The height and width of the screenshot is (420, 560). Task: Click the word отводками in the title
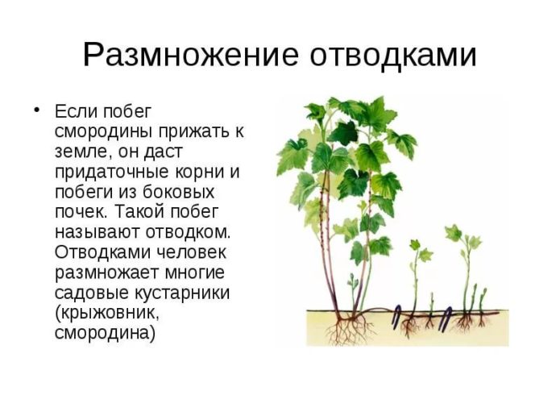(391, 55)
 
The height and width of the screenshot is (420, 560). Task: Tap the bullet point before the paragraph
(35, 110)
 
